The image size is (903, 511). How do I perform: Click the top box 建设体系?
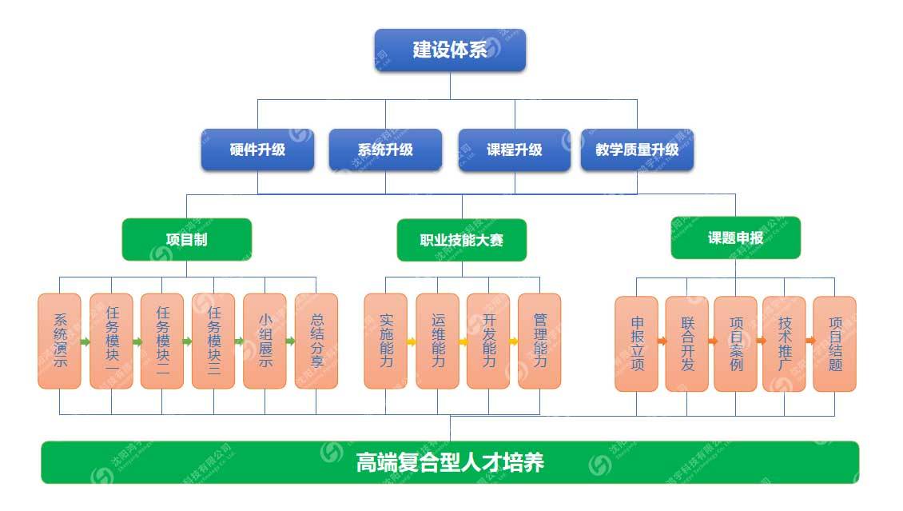click(x=450, y=50)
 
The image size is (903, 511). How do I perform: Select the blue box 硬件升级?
click(x=257, y=150)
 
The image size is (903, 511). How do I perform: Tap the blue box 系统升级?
click(x=385, y=150)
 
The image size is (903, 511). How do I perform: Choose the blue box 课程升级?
click(x=514, y=150)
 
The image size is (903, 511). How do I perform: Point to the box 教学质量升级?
click(x=637, y=150)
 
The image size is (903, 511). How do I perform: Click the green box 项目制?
click(x=187, y=239)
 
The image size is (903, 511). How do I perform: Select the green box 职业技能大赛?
click(x=462, y=240)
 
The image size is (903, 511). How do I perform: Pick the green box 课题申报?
click(x=735, y=238)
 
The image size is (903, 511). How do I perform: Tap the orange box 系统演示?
click(x=60, y=341)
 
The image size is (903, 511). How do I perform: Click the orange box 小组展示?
click(x=265, y=341)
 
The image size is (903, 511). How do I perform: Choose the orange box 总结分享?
click(x=316, y=341)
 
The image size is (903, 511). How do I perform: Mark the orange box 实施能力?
click(x=385, y=341)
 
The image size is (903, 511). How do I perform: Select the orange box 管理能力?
click(x=539, y=341)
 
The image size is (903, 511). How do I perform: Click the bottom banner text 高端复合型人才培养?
click(x=450, y=462)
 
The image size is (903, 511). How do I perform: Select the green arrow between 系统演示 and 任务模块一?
click(x=85, y=341)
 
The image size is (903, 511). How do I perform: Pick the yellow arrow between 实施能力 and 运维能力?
click(x=412, y=341)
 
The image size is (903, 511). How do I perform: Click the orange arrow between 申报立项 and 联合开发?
click(x=662, y=341)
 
